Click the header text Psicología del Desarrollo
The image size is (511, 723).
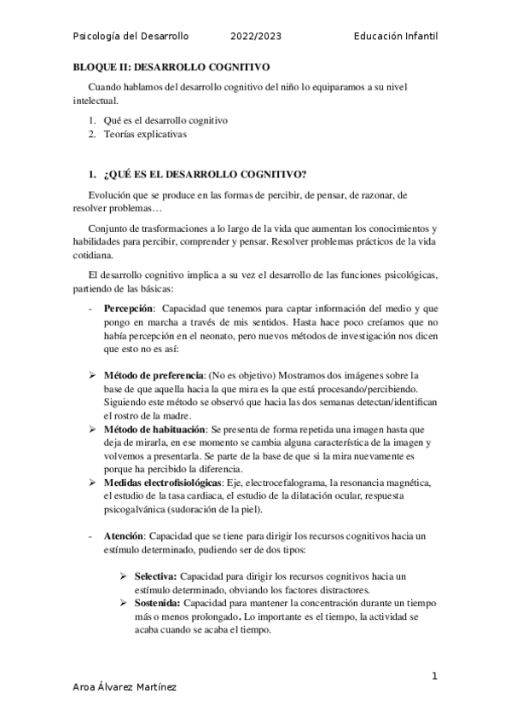click(x=131, y=37)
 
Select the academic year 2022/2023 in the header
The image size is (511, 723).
click(x=255, y=37)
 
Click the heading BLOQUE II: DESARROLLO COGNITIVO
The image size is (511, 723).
click(x=171, y=66)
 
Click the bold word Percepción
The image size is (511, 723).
click(x=129, y=307)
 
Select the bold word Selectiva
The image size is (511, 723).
click(x=154, y=576)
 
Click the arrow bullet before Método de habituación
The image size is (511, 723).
click(x=94, y=431)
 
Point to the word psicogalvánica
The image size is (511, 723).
click(x=141, y=510)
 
